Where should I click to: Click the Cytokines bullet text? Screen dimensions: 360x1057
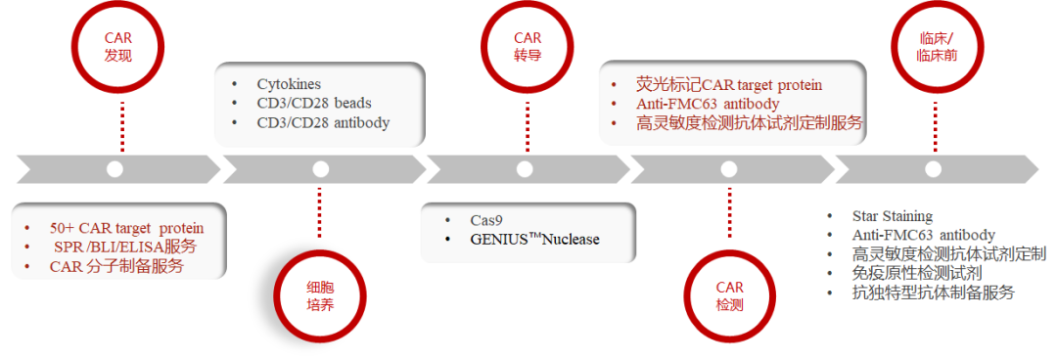click(289, 85)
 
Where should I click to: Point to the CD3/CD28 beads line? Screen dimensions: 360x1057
click(313, 104)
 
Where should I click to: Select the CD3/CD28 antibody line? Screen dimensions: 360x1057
click(323, 122)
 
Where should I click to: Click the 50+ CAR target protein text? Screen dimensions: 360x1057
click(126, 228)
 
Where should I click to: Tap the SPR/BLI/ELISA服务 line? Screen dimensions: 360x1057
click(124, 247)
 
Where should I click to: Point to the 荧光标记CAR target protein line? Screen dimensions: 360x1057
click(729, 85)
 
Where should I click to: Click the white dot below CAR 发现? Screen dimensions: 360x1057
click(115, 169)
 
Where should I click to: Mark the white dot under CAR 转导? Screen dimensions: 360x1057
click(526, 169)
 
